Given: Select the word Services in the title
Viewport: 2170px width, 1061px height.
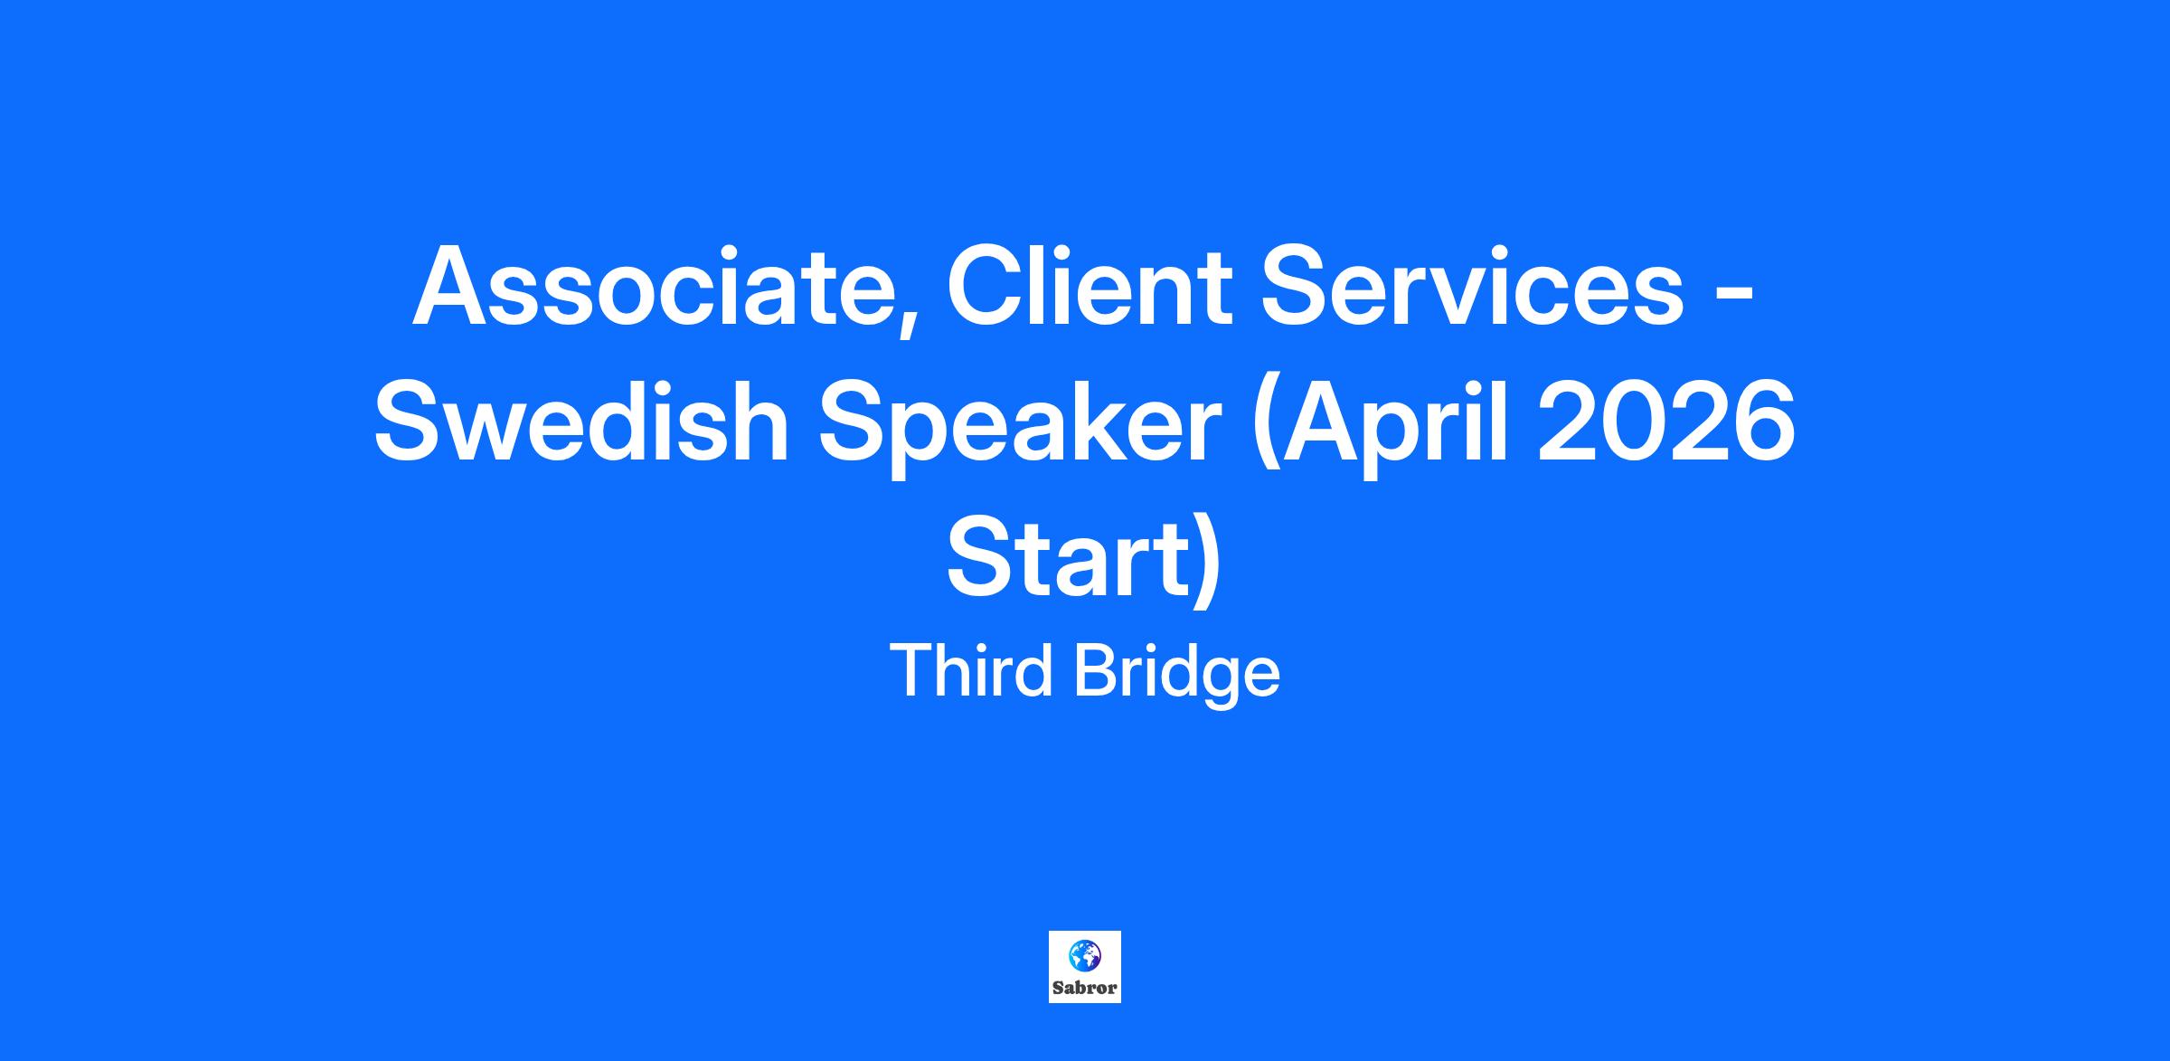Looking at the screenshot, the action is (1475, 286).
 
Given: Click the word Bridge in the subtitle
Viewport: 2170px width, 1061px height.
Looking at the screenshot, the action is (1176, 675).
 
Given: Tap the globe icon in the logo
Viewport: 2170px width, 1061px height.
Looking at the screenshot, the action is (1084, 955).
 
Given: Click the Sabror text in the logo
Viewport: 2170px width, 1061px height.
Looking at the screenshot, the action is (1085, 988).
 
